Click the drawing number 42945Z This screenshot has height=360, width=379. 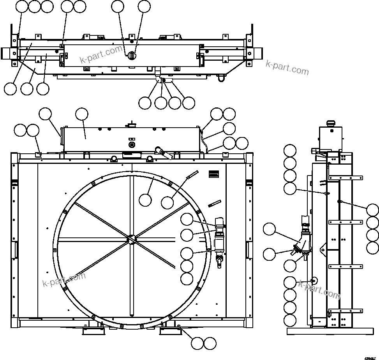click(370, 358)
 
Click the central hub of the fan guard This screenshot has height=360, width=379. click(132, 238)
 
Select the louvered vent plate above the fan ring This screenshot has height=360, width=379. click(213, 174)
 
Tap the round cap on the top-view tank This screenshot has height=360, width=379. click(132, 55)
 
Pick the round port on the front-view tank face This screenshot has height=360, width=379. click(131, 145)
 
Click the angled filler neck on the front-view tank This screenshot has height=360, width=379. click(164, 153)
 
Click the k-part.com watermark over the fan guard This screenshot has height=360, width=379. click(64, 279)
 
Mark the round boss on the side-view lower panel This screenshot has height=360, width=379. click(313, 281)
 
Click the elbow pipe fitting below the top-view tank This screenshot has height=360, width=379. click(158, 78)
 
